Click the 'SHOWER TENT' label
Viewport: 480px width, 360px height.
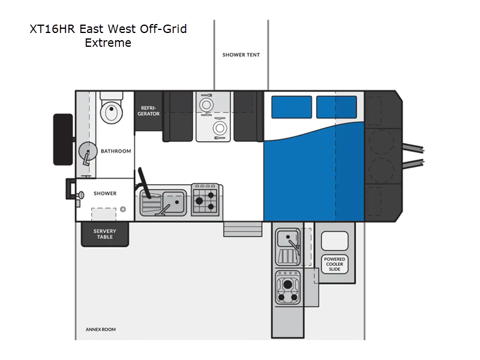(241, 55)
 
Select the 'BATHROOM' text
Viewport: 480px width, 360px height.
(116, 151)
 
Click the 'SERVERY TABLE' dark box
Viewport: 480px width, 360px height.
(105, 234)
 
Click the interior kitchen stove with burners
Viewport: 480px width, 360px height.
(204, 200)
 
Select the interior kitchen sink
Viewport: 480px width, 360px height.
(163, 202)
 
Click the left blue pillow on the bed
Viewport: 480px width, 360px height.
(291, 107)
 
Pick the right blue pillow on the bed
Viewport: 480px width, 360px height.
(337, 107)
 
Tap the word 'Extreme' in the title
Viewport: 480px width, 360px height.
(108, 43)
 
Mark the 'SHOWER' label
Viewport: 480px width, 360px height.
(105, 194)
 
